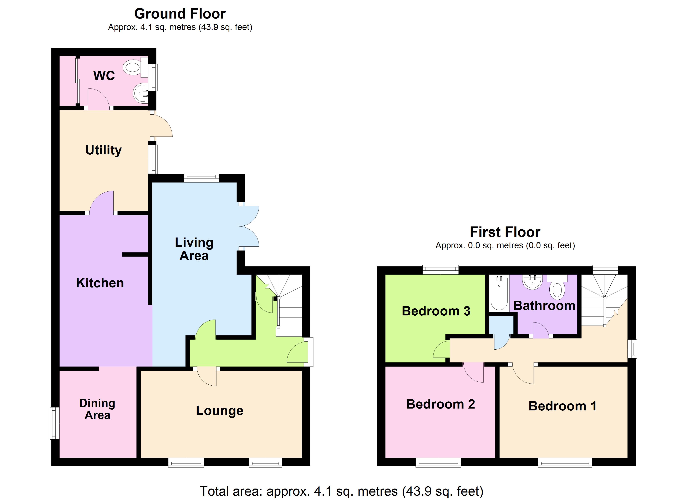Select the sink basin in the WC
(x=140, y=93)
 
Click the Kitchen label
(x=100, y=283)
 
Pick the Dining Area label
(x=97, y=409)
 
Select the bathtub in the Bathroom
(x=499, y=293)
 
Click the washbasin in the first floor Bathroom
(x=532, y=282)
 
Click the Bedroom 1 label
(x=562, y=406)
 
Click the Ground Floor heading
(x=180, y=14)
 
